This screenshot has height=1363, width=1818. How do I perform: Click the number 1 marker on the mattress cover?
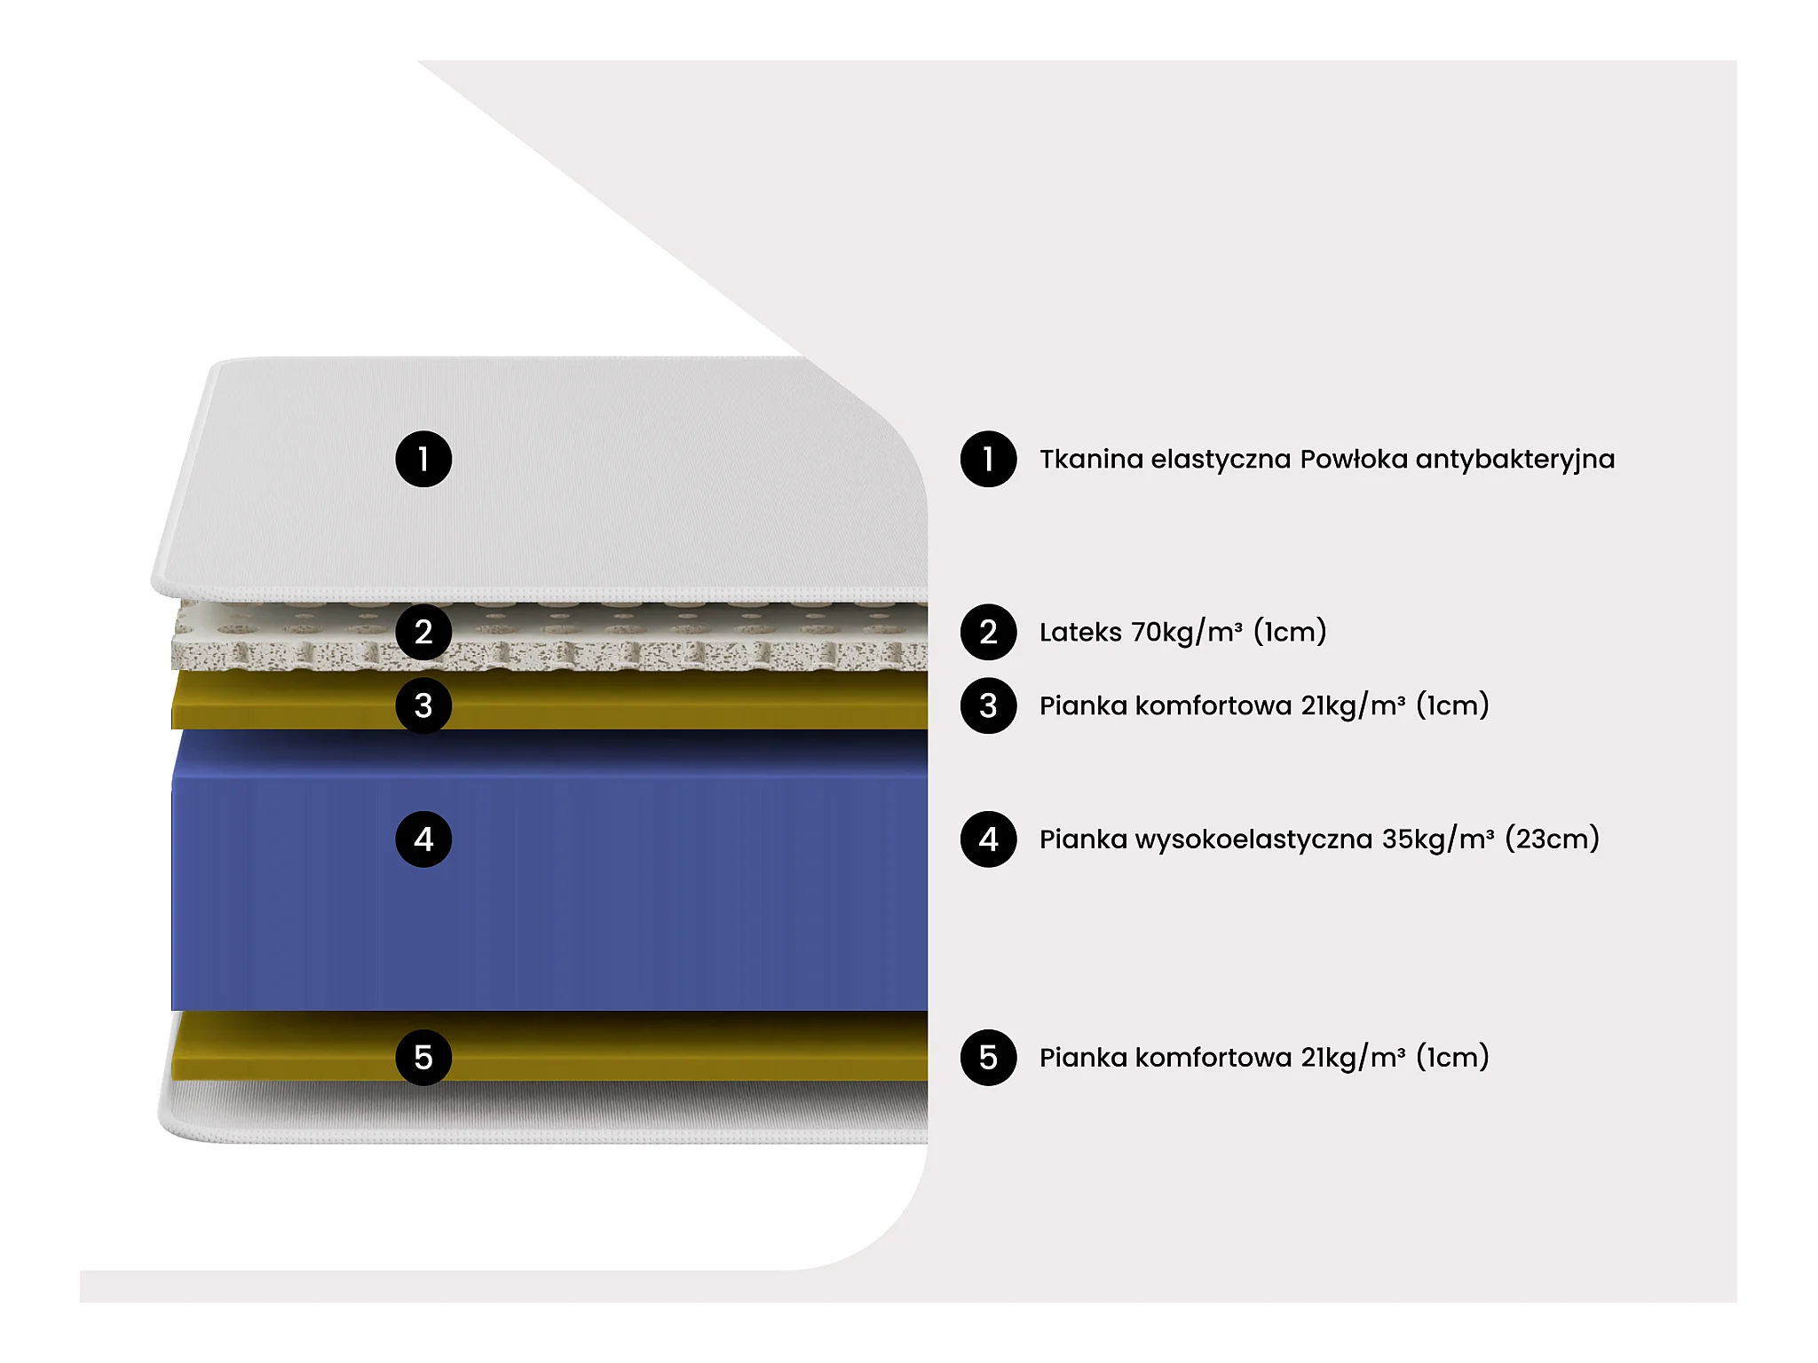[423, 459]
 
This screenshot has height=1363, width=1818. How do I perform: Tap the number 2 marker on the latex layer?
[423, 632]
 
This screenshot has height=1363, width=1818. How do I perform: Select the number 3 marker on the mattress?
[423, 705]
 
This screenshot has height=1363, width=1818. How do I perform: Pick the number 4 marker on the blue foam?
[423, 839]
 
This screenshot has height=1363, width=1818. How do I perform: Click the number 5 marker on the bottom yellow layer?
[423, 1057]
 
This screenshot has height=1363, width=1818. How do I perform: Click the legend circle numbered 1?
[988, 459]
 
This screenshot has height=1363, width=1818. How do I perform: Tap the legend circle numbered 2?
[988, 632]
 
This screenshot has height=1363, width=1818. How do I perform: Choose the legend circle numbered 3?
[988, 705]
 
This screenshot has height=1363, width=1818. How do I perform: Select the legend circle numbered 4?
[988, 839]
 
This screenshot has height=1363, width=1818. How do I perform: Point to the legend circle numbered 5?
[988, 1057]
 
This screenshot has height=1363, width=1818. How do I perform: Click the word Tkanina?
[1091, 459]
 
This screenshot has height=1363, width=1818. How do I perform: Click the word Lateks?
[1080, 632]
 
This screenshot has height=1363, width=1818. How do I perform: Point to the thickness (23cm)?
[1552, 839]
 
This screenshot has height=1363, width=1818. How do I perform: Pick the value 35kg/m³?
[1438, 839]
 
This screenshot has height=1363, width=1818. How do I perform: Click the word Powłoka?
[1356, 459]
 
